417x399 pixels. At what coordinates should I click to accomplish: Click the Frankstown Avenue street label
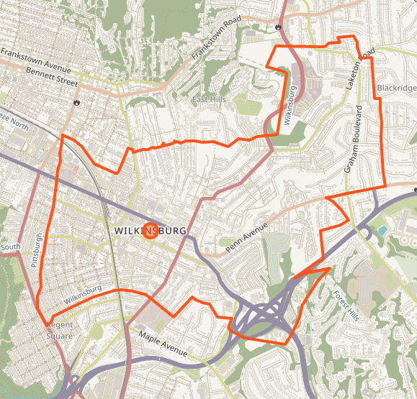(37, 60)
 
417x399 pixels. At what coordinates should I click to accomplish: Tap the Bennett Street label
(51, 76)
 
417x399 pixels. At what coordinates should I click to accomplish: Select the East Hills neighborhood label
(208, 99)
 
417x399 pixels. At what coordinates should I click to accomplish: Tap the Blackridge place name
(396, 88)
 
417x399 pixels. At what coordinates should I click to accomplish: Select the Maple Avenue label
(163, 345)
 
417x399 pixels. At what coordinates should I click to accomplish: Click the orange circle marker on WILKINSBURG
(151, 231)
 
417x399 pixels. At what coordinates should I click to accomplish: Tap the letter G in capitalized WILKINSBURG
(182, 231)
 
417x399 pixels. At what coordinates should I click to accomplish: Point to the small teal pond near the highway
(382, 230)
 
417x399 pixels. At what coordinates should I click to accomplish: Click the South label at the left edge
(10, 247)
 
